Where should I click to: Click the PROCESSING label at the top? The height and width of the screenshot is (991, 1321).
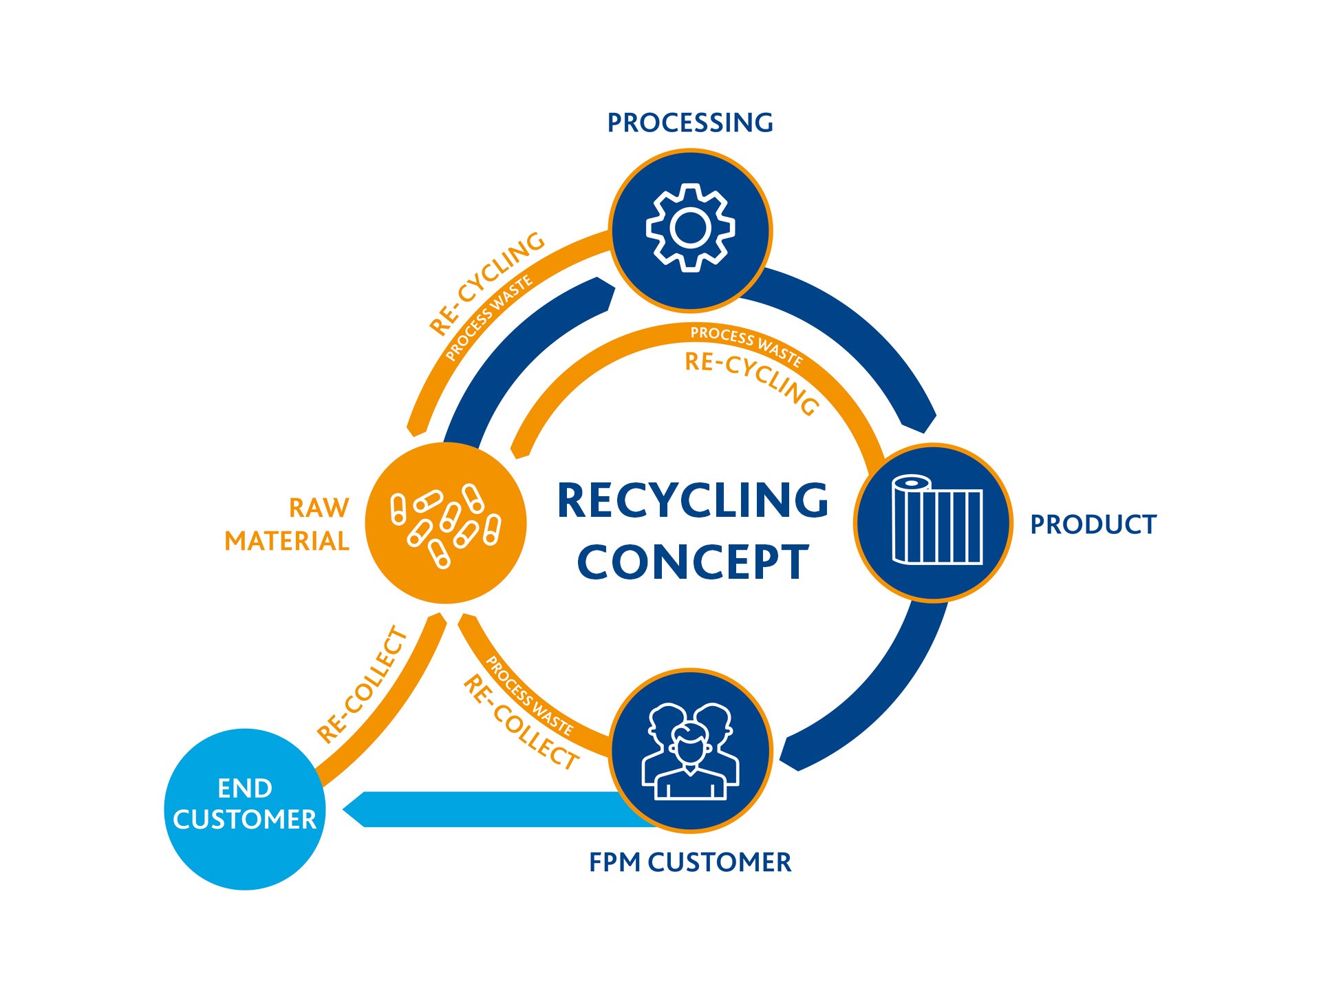coord(690,123)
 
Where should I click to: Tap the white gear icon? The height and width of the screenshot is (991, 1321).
coord(690,228)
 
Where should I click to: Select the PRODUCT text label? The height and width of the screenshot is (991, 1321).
coord(1093,524)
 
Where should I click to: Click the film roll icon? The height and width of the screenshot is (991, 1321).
coord(936,520)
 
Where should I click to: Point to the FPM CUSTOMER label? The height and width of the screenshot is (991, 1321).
coord(690,862)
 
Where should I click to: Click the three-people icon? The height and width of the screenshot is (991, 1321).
coord(690,752)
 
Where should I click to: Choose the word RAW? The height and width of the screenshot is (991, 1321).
coord(319,508)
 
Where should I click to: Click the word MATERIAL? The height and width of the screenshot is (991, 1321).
coord(287,542)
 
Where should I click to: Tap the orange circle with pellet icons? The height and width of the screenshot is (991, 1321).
coord(446,523)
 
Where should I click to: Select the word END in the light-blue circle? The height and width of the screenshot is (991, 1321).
coord(245,788)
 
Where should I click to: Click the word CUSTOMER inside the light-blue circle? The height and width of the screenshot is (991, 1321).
coord(245,820)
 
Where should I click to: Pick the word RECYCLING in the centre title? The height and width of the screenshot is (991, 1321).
coord(693,500)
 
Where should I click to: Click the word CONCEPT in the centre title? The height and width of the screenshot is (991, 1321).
coord(693,562)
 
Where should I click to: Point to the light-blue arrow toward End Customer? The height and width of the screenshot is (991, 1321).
coord(482,809)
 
